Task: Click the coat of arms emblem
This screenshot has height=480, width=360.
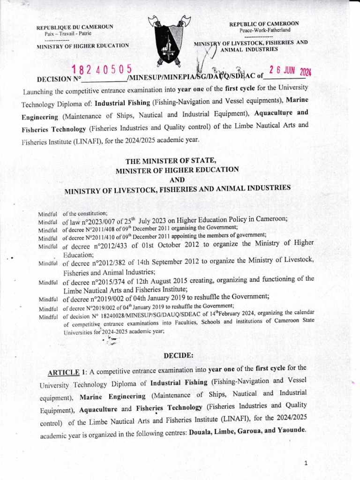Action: point(170,40)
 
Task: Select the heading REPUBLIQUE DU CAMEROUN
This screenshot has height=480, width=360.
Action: point(75,27)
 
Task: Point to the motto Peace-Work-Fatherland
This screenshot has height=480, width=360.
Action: point(265,30)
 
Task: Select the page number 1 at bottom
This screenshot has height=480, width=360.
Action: point(305,464)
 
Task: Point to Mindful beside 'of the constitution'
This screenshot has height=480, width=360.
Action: point(47,214)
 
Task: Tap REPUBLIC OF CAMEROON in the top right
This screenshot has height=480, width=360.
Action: point(264,23)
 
